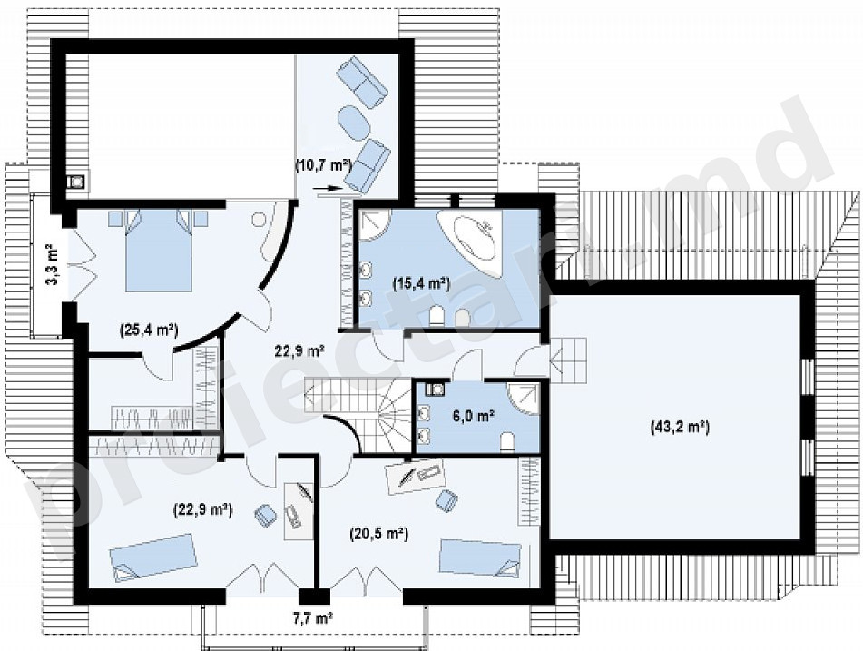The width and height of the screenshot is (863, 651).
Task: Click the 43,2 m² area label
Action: click(680, 427)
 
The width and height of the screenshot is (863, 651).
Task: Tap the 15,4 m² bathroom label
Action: click(421, 283)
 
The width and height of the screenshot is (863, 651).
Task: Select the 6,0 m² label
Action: click(472, 417)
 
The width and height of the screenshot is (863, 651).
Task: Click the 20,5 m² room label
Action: click(378, 533)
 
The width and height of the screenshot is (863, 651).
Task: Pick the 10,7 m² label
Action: click(323, 164)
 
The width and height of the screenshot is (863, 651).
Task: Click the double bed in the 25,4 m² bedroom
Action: click(159, 250)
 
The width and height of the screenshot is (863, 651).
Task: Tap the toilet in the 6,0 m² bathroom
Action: click(507, 441)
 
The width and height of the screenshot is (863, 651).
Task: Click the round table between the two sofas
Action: click(353, 121)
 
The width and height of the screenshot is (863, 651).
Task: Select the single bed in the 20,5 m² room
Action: click(480, 558)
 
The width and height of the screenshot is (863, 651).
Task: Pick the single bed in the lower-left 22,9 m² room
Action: click(153, 557)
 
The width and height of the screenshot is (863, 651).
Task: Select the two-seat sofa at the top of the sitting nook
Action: click(361, 82)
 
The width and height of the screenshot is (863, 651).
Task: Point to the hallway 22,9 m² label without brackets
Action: click(299, 350)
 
